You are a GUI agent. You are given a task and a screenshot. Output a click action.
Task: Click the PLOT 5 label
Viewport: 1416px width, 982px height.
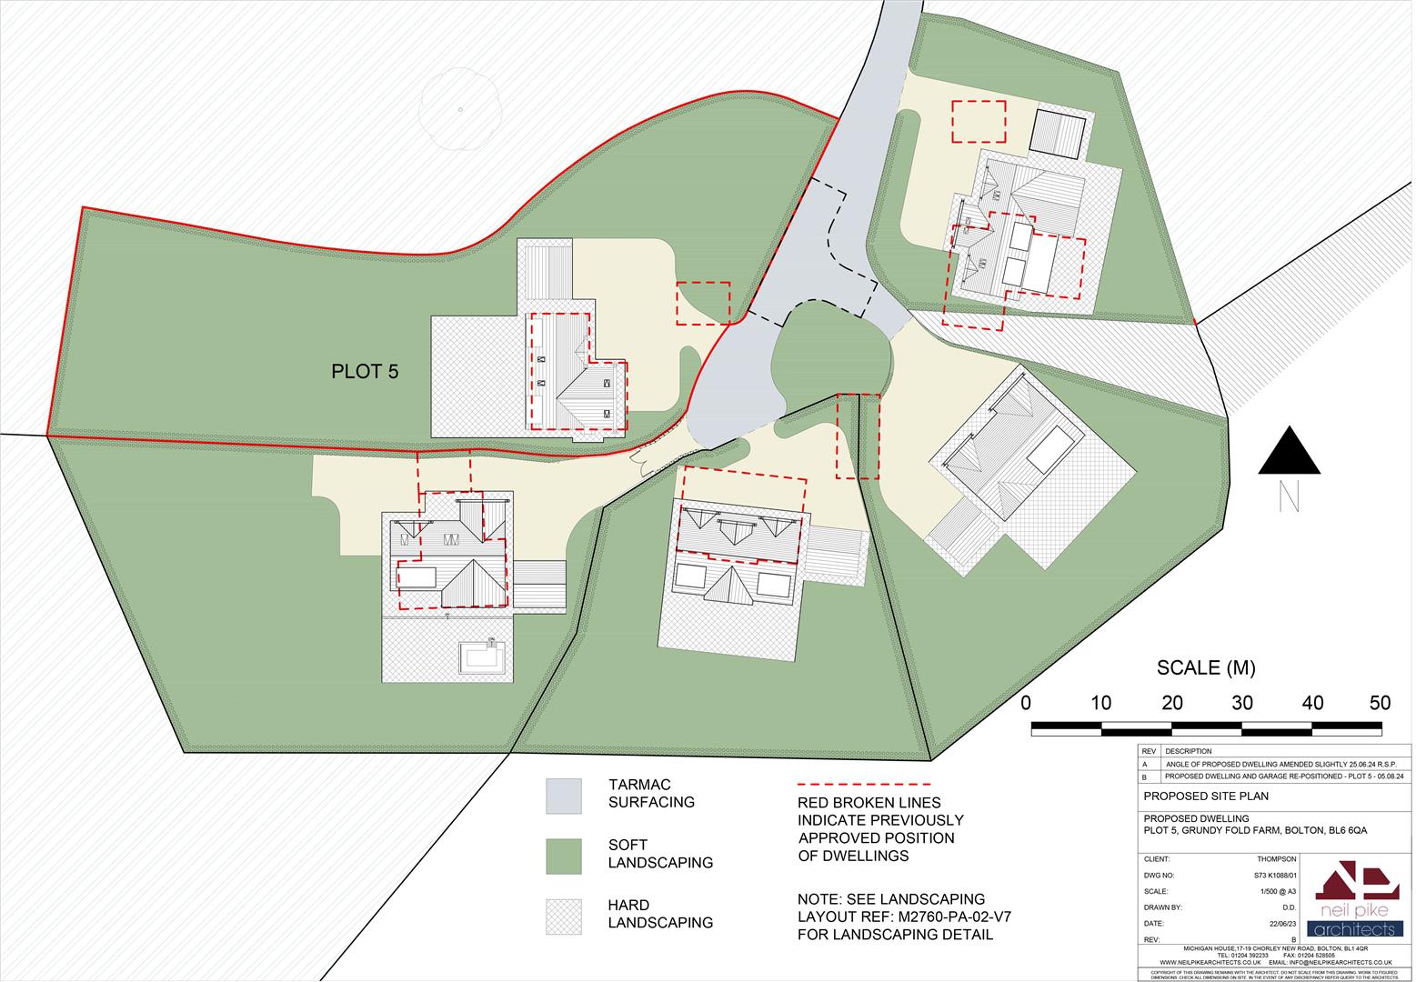365,372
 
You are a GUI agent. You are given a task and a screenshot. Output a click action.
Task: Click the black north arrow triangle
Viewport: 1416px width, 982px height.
1289,452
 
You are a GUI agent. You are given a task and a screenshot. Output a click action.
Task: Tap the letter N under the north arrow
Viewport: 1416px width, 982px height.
1288,496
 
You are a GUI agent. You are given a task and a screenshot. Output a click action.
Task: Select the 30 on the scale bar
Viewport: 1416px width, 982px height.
1242,703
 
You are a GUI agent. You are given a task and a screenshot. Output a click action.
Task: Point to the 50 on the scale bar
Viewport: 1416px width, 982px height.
1380,703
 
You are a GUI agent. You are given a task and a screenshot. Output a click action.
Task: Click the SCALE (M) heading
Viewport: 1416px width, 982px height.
1205,668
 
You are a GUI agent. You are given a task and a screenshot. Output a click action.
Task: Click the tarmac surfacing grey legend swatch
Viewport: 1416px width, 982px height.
563,796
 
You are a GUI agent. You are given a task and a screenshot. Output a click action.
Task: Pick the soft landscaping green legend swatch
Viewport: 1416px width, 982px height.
563,857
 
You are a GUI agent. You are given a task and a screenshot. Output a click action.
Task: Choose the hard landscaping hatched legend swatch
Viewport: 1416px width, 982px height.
563,917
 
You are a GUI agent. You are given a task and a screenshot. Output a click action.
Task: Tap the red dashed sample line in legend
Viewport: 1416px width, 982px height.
863,784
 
